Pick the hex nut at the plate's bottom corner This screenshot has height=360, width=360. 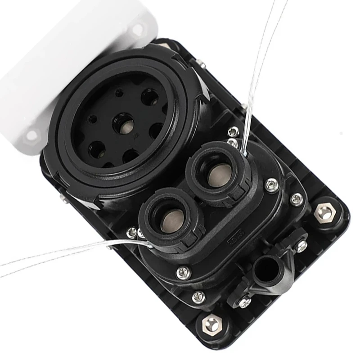click(x=211, y=324)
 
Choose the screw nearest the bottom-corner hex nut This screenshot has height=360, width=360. click(x=198, y=297)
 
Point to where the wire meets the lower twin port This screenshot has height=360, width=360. click(x=149, y=244)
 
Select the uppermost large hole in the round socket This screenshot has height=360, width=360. click(x=149, y=97)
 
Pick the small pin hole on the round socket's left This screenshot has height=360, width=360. click(x=92, y=120)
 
